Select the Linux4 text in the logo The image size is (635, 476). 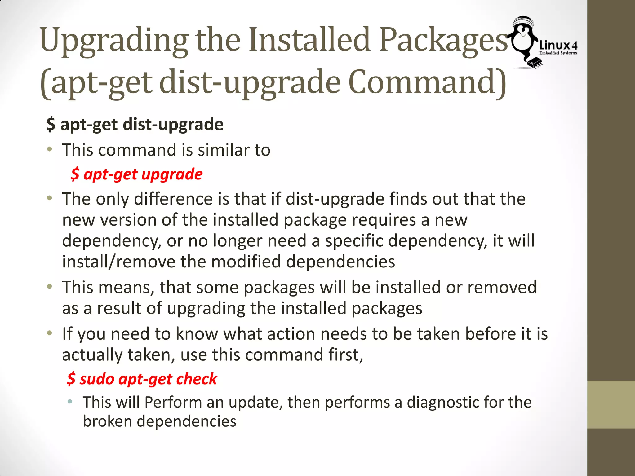click(558, 46)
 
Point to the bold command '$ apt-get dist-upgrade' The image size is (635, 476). click(135, 125)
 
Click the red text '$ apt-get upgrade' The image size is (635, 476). click(137, 174)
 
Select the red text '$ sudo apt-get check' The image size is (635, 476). click(142, 379)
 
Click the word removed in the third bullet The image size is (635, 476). click(502, 287)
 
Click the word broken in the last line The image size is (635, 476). click(107, 421)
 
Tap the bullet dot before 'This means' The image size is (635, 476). click(50, 287)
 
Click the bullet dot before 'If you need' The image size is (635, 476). click(50, 333)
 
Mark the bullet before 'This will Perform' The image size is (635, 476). click(70, 402)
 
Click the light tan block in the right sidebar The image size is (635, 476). click(611, 404)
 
